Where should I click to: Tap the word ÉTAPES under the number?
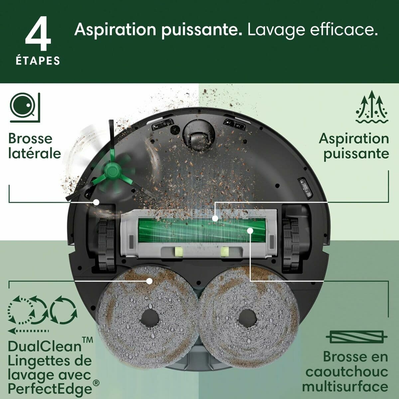[38, 61]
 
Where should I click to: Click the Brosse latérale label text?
[35, 146]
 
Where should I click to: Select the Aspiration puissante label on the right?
[354, 146]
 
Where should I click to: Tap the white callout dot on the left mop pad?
[149, 281]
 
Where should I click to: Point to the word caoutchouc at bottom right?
[347, 371]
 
